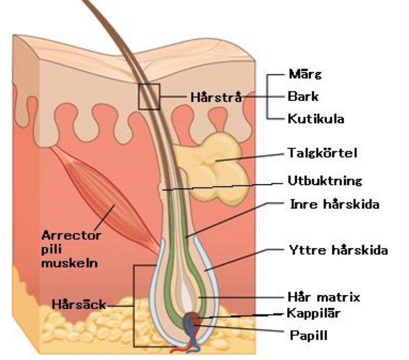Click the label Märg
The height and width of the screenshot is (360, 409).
point(305,74)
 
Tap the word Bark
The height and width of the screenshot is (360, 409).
point(303,96)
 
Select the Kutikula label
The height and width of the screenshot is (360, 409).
point(316,119)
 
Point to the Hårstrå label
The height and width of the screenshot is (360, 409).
point(216,97)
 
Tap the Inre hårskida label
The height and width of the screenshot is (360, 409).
point(334,204)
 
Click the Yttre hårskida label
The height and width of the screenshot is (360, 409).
point(338,250)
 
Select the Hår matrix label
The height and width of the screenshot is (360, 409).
point(324,297)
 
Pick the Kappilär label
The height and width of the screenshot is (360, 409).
point(313,313)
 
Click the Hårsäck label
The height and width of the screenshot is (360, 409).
point(79,305)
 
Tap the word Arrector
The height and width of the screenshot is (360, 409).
point(71,235)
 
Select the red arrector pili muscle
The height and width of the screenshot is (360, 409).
point(111,205)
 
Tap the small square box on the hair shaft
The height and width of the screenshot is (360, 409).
point(149,96)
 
